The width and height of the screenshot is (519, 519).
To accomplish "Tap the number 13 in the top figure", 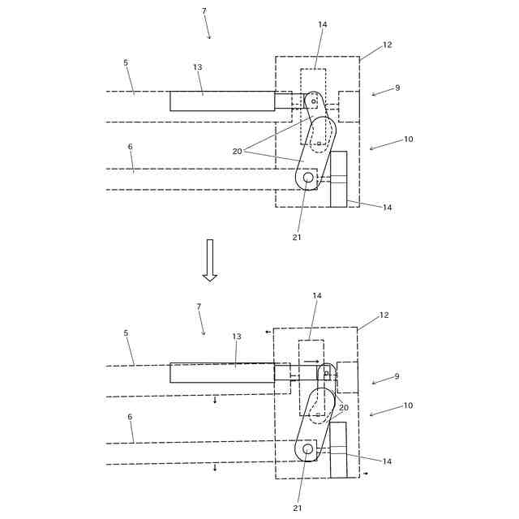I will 197,67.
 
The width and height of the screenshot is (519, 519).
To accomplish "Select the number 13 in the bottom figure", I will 237,336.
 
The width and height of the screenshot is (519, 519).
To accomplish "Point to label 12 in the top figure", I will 387,45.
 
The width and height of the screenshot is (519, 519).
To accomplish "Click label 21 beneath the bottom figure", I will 297,508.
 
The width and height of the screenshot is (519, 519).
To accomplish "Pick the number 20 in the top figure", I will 237,151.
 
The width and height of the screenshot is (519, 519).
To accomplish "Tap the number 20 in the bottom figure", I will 344,408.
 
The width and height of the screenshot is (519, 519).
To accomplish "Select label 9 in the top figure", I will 397,88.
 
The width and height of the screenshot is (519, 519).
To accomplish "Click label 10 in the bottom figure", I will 408,405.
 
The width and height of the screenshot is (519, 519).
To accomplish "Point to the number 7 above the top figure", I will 204,11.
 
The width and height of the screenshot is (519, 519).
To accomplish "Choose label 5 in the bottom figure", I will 126,332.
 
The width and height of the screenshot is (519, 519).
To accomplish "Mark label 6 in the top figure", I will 130,147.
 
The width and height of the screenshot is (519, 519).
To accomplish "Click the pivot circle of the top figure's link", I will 308,177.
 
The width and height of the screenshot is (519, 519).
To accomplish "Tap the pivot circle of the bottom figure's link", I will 307,448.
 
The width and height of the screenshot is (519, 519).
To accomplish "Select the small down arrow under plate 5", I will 215,400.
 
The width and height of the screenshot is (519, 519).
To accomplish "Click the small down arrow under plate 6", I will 215,467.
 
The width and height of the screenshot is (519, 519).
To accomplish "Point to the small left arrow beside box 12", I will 268,332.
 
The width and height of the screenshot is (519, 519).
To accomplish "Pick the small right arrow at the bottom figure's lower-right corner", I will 365,473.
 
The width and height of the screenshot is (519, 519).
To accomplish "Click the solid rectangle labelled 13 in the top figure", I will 221,101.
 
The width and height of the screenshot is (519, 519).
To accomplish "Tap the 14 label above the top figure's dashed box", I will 323,24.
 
